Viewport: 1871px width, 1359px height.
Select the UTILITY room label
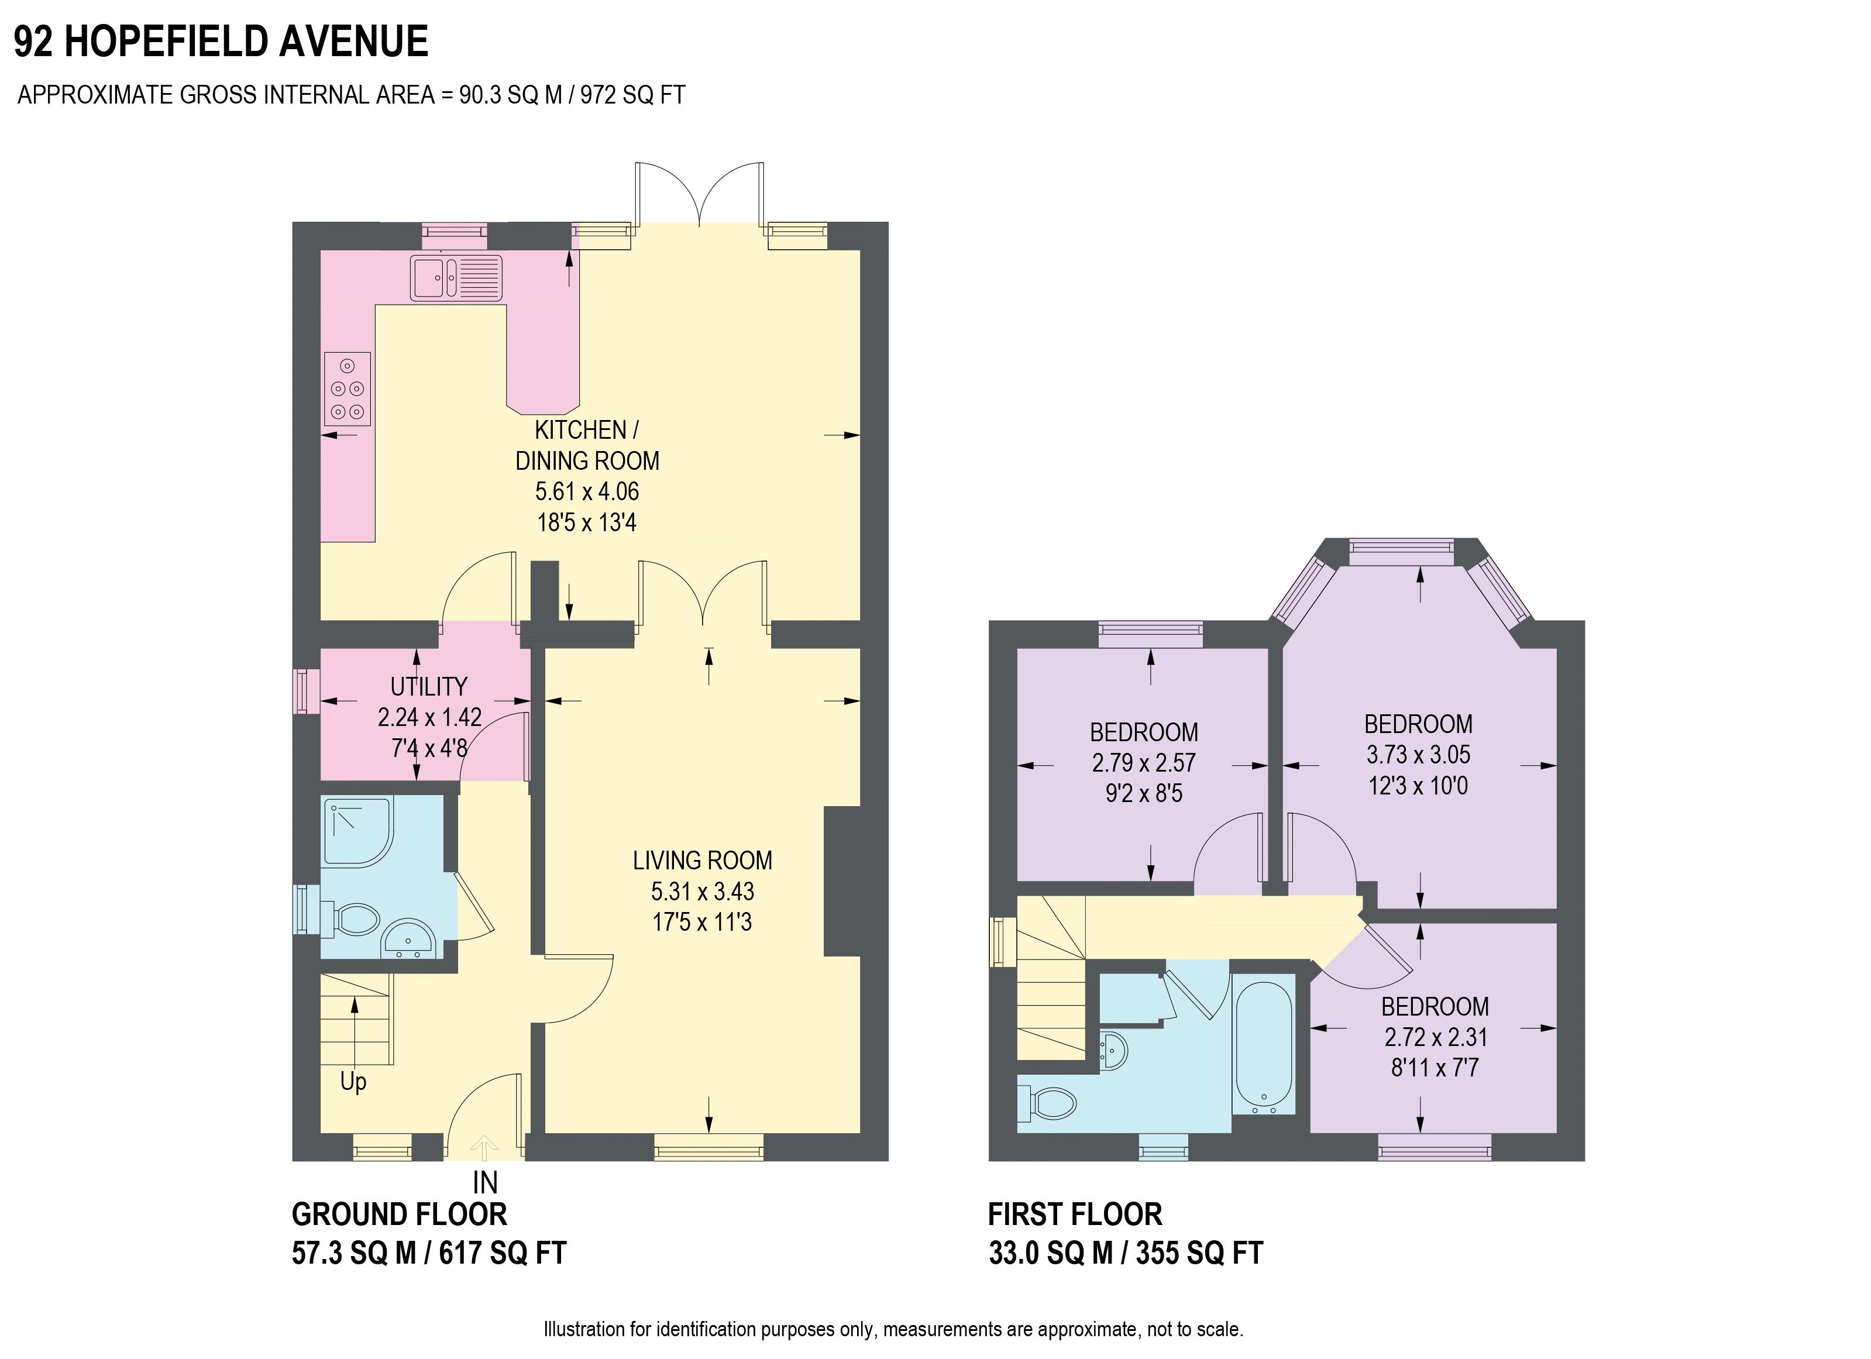point(428,686)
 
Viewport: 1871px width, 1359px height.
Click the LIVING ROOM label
point(702,861)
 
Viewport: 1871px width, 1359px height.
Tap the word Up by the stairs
point(353,1081)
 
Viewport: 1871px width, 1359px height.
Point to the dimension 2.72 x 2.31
point(1435,1037)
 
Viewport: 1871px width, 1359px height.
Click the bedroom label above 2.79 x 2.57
point(1143,732)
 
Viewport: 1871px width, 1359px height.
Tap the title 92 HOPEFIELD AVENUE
point(221,42)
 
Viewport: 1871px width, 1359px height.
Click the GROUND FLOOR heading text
point(399,1215)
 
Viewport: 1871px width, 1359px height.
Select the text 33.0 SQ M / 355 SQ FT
point(1125,1253)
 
